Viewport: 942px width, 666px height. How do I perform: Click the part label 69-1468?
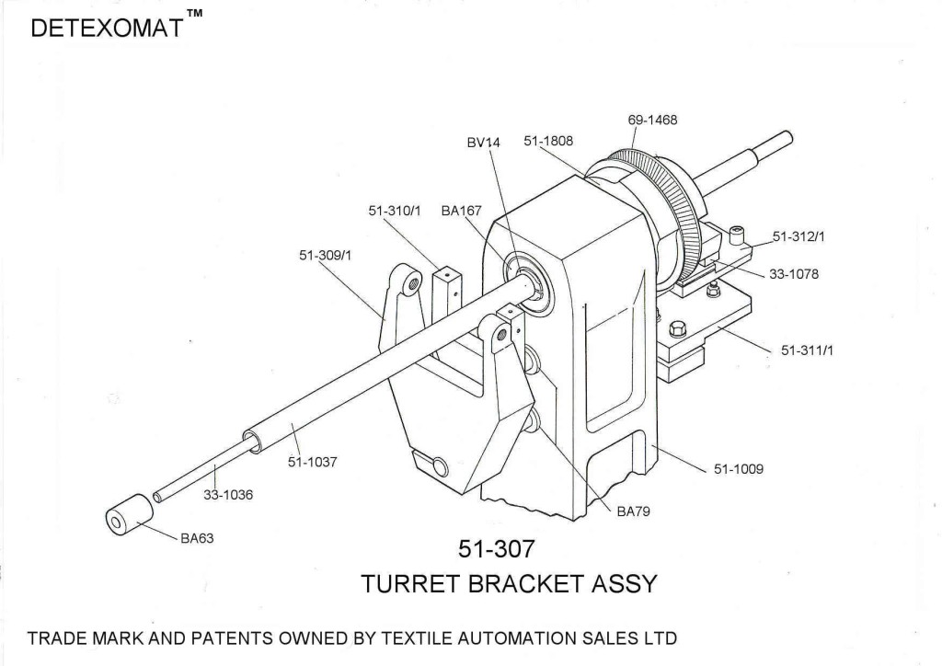click(653, 121)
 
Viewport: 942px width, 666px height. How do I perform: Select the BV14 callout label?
click(482, 143)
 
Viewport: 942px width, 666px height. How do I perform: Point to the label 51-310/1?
click(395, 211)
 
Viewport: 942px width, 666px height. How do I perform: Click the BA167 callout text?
click(461, 211)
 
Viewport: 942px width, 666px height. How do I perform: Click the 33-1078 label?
click(793, 273)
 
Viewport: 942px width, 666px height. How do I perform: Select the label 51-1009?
click(739, 468)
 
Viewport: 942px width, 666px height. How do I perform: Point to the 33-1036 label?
click(228, 494)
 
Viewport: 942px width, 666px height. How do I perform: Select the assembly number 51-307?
click(496, 548)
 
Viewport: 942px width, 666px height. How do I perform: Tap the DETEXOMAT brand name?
click(105, 30)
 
